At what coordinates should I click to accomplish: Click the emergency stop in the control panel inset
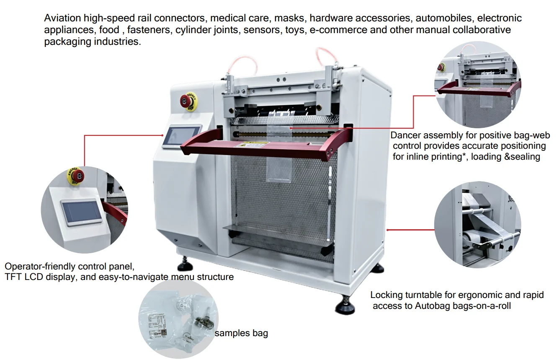coord(75,176)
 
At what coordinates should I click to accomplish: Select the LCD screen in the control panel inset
coord(82,212)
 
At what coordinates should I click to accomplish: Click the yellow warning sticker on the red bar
coord(251,145)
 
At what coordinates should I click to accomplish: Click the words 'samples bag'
coord(241,333)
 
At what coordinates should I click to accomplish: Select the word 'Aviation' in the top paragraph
coord(62,18)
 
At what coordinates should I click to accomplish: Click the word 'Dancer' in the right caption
coord(405,135)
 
